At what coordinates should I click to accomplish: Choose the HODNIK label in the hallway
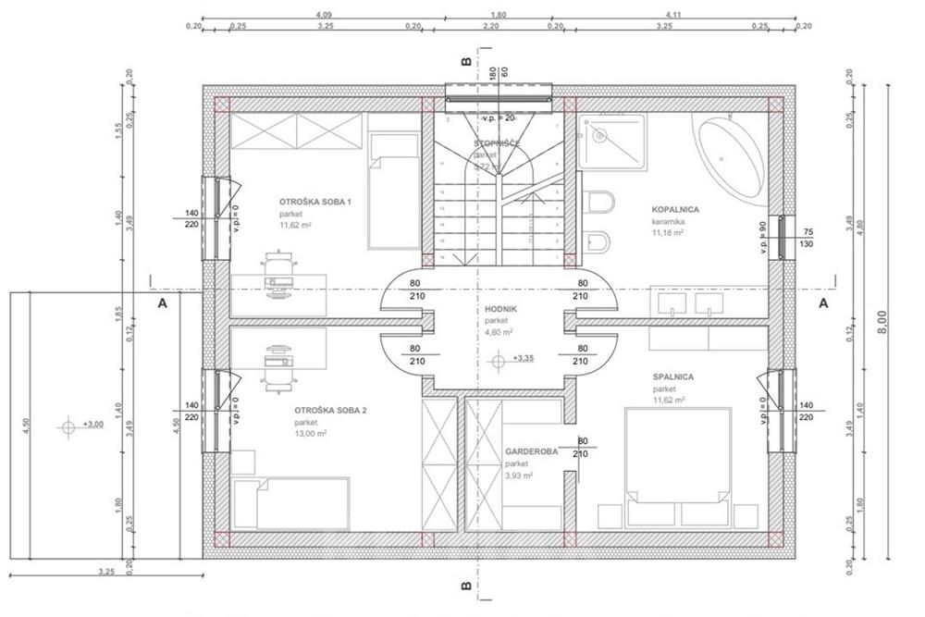click(500, 310)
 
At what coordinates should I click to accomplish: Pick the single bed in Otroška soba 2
click(291, 503)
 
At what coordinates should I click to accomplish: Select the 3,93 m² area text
click(519, 475)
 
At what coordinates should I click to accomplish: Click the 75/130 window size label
click(808, 237)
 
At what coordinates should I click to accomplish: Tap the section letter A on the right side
click(823, 302)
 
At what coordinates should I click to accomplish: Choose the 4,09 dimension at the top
click(324, 16)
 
